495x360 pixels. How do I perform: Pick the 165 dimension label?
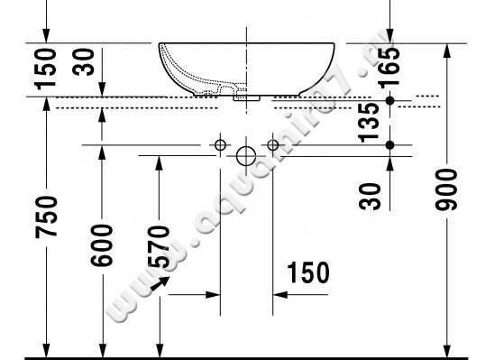(x=390, y=66)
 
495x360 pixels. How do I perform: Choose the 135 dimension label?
(x=368, y=123)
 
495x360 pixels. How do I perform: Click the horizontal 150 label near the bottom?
(x=307, y=272)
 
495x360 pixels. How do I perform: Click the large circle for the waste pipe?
(x=246, y=156)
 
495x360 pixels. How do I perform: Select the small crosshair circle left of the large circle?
(x=219, y=144)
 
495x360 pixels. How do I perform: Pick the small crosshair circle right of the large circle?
(x=272, y=144)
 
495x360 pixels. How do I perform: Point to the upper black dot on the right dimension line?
(x=390, y=100)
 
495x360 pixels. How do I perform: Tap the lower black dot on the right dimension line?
(x=390, y=144)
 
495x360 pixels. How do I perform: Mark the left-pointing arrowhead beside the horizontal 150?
(x=279, y=294)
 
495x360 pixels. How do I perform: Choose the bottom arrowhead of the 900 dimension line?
(x=447, y=347)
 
